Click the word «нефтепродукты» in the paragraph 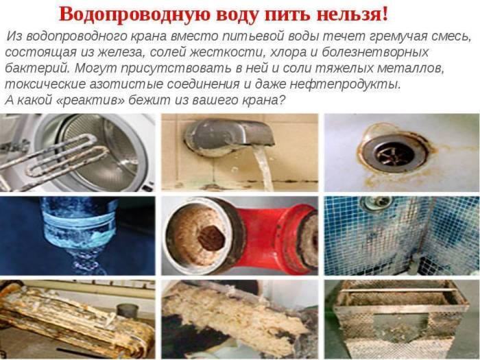[345, 84]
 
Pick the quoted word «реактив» [91, 100]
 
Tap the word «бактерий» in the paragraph [37, 68]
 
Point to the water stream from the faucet [263, 168]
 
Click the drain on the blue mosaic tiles [377, 203]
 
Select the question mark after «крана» [281, 100]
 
